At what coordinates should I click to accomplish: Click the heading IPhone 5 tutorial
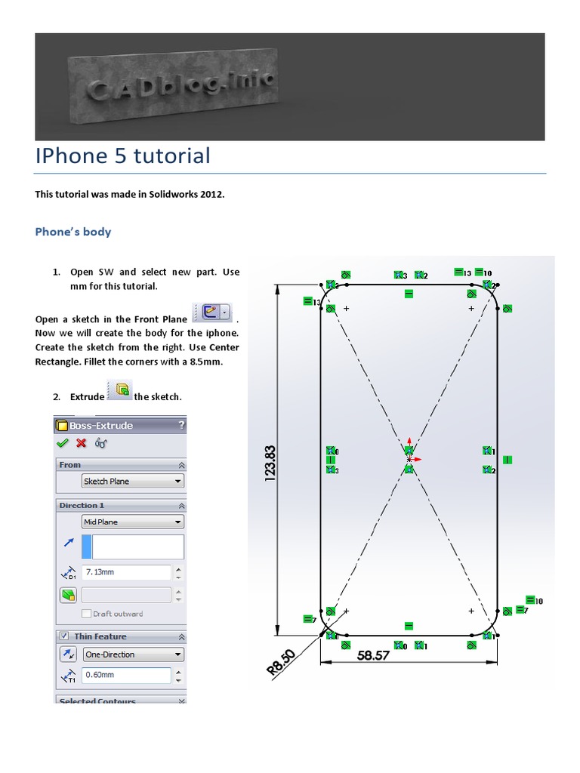click(x=123, y=156)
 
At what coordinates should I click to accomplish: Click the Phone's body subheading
click(x=73, y=232)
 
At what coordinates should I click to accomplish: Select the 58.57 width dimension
click(x=373, y=655)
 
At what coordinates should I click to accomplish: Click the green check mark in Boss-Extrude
click(x=63, y=443)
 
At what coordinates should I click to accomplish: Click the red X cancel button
click(x=82, y=443)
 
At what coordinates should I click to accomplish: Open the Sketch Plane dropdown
click(x=133, y=481)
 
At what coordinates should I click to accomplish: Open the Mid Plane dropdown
click(x=133, y=522)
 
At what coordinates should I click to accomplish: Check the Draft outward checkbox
click(x=87, y=614)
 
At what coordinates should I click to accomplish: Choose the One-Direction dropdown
click(x=133, y=654)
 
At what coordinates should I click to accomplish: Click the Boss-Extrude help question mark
click(x=180, y=425)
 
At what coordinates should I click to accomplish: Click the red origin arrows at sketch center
click(x=410, y=454)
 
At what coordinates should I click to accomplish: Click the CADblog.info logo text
click(x=182, y=86)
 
